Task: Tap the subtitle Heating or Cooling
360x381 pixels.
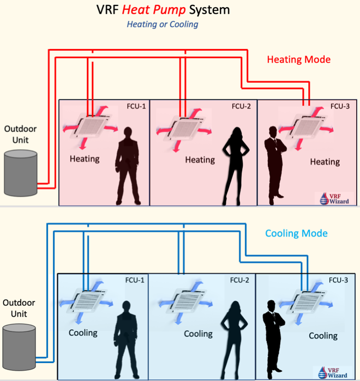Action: click(163, 25)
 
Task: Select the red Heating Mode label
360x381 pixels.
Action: click(299, 59)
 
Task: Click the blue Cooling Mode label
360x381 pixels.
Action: click(296, 233)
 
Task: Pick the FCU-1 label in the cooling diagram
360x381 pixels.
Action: click(135, 280)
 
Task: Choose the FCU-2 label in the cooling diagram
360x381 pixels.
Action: click(239, 280)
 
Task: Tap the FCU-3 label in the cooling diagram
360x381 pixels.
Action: click(338, 280)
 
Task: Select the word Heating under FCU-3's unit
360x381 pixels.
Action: click(325, 162)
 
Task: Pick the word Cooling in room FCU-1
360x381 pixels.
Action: click(83, 332)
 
